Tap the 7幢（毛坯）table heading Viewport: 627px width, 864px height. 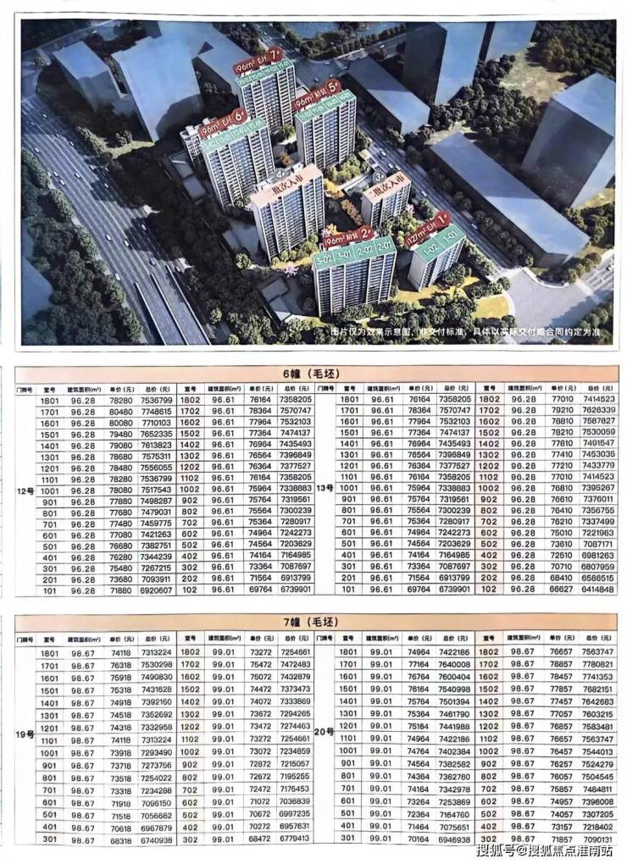coord(313,623)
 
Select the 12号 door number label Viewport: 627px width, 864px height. coord(25,490)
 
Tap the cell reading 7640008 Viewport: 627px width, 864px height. coord(454,666)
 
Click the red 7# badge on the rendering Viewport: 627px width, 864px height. coord(274,64)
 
